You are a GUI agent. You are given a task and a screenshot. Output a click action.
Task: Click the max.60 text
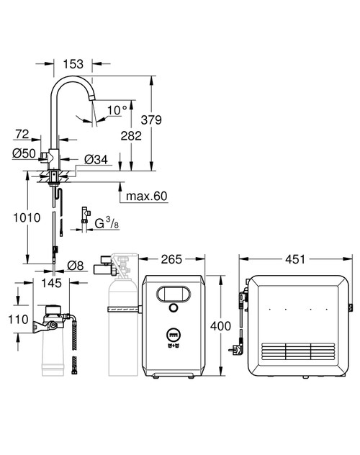(146, 197)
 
